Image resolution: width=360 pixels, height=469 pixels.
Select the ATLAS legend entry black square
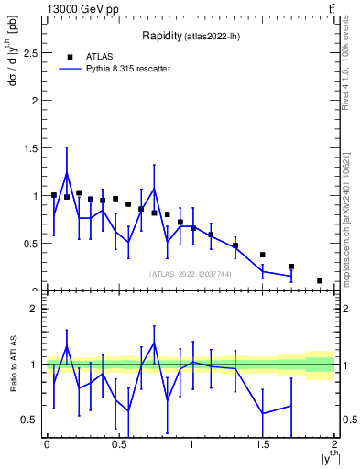(x=70, y=56)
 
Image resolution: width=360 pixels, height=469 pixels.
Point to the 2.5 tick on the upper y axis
(x=33, y=53)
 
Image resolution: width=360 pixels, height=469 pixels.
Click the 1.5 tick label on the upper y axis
(x=33, y=148)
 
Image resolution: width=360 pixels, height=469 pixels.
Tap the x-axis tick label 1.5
(x=263, y=444)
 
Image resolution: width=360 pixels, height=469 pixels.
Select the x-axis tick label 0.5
(x=118, y=444)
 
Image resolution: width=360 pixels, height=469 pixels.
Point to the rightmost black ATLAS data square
(x=320, y=281)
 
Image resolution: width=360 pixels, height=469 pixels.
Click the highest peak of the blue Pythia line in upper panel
(x=67, y=173)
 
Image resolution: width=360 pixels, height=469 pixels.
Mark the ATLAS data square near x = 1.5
(x=263, y=255)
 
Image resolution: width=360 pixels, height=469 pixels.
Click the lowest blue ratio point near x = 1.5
(x=263, y=413)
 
